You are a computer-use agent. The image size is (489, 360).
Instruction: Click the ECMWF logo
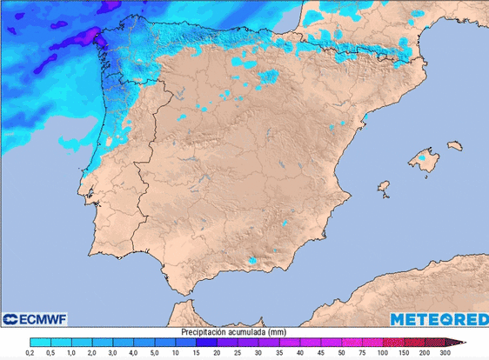click(x=35, y=319)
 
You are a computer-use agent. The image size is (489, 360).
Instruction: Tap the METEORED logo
click(x=438, y=319)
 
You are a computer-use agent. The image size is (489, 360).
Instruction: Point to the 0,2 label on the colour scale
click(x=30, y=353)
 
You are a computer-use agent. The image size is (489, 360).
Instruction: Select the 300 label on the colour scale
click(x=445, y=353)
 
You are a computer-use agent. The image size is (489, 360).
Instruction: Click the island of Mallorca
click(x=425, y=161)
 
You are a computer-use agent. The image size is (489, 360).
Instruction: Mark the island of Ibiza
click(x=382, y=185)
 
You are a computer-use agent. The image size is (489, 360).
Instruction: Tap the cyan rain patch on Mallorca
click(x=424, y=159)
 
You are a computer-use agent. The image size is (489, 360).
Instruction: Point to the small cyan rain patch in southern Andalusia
click(x=252, y=259)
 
